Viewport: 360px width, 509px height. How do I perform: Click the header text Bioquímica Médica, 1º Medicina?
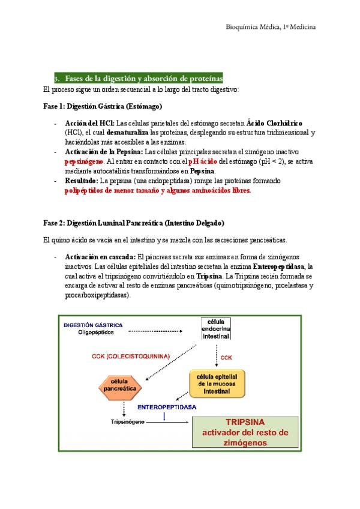(271, 27)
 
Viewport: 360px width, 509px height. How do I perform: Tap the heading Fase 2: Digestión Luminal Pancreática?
(134, 223)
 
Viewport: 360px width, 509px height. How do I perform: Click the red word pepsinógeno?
(84, 161)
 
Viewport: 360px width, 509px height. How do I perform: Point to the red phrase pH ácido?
(202, 161)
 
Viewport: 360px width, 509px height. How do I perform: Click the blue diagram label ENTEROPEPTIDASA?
(167, 406)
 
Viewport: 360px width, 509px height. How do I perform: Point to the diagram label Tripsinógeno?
(128, 421)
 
